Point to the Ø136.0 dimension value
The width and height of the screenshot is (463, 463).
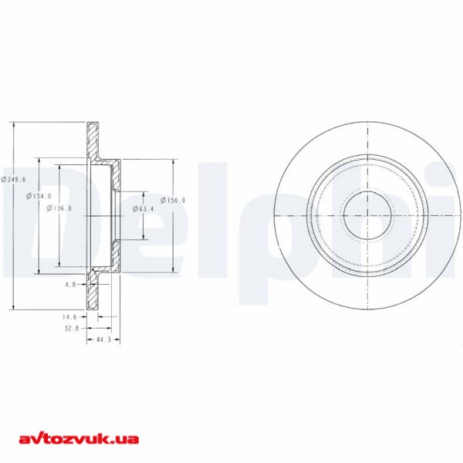pos(59,208)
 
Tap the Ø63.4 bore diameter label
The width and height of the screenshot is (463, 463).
pos(144,208)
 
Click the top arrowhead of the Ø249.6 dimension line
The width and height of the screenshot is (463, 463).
pos(15,125)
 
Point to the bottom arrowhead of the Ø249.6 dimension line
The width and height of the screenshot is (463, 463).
pos(15,308)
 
